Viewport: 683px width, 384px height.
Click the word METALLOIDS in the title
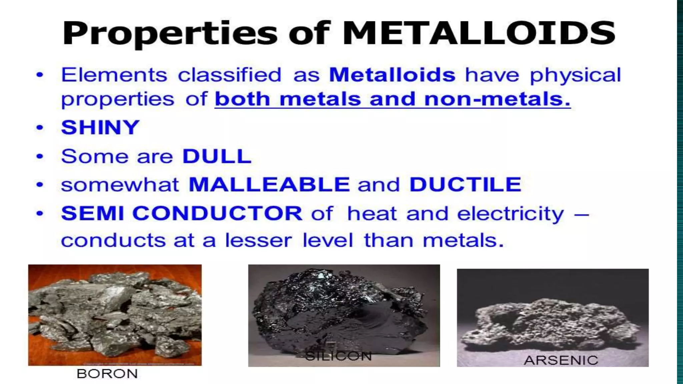[x=479, y=33]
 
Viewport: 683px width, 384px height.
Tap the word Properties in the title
[x=169, y=34]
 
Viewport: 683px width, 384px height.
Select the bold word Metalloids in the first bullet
[x=392, y=75]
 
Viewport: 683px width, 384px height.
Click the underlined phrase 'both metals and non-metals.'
[x=393, y=99]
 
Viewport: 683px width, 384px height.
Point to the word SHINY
[x=100, y=127]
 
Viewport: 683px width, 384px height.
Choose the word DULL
[x=217, y=156]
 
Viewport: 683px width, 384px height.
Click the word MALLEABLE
[x=269, y=184]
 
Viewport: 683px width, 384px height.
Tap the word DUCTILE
[x=465, y=184]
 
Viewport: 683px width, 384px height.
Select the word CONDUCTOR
[x=217, y=213]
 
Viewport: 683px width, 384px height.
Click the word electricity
[x=510, y=213]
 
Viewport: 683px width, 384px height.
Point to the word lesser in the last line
[x=258, y=240]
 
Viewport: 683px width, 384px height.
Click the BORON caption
[x=107, y=374]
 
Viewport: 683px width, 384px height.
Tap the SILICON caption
[x=338, y=356]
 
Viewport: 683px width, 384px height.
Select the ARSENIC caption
[x=561, y=360]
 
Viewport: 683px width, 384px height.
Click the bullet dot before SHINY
[x=40, y=127]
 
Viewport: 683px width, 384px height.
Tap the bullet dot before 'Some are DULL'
[x=40, y=156]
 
